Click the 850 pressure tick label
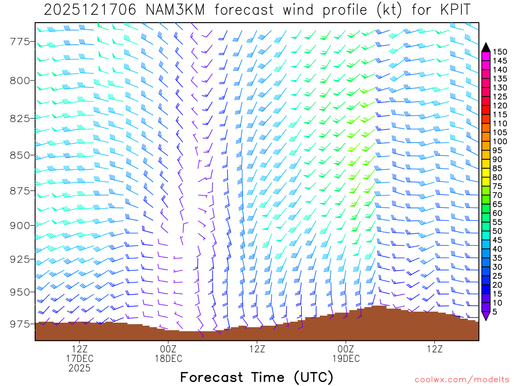(x=19, y=155)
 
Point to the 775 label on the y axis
(x=19, y=41)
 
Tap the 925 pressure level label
(x=19, y=259)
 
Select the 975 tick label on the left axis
(x=19, y=324)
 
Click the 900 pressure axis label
(x=19, y=225)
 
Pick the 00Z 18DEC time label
(x=168, y=353)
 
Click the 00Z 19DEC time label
(x=346, y=353)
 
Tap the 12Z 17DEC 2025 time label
(x=80, y=358)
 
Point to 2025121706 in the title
(x=89, y=10)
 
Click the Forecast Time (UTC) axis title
(x=256, y=377)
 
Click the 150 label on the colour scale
(x=500, y=52)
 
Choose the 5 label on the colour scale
(x=495, y=312)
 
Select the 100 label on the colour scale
(x=500, y=141)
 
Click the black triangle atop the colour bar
(x=486, y=47)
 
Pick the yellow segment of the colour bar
(x=486, y=173)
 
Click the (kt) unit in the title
(x=389, y=10)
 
